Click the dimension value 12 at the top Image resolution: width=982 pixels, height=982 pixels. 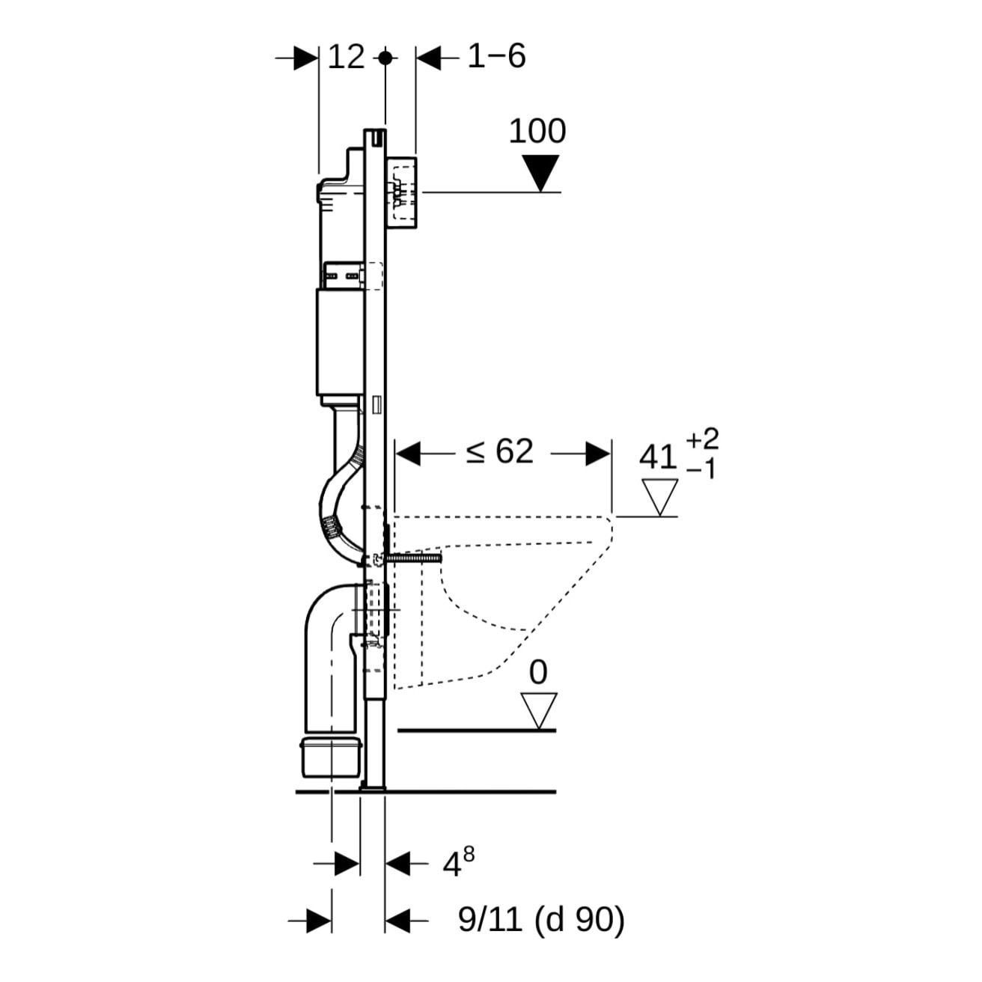click(347, 57)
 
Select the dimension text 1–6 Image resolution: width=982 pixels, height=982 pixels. click(496, 57)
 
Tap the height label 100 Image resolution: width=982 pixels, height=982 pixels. click(537, 132)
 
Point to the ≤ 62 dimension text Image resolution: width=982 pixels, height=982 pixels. click(500, 452)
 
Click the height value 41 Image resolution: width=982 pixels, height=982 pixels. click(659, 457)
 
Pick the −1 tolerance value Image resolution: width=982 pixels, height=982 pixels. click(702, 470)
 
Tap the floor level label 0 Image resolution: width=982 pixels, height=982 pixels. click(538, 674)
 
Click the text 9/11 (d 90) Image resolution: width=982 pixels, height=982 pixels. click(541, 920)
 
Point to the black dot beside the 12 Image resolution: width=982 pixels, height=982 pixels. click(385, 58)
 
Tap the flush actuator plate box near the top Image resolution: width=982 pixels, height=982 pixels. click(403, 193)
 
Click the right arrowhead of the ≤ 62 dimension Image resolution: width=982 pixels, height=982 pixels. click(597, 453)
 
